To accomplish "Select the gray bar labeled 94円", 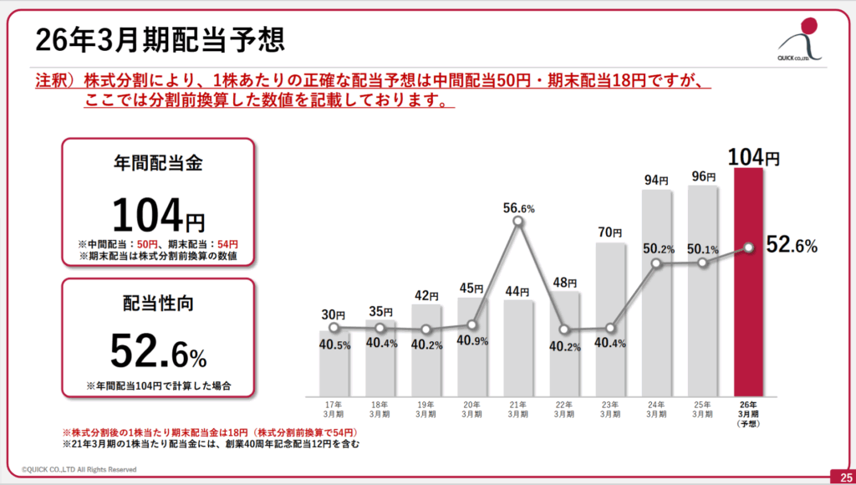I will point(656,293).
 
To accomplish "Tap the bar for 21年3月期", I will point(518,347).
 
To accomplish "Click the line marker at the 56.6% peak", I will point(518,222).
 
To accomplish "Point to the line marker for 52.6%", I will point(749,247).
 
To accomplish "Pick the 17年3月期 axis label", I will point(334,409).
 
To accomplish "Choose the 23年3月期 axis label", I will point(610,409).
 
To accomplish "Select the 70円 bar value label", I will point(610,232).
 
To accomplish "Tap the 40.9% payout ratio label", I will point(472,342).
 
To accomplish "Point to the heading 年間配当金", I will point(158,164).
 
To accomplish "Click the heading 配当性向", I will point(158,304).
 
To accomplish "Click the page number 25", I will point(841,476).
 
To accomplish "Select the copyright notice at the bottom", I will point(79,470).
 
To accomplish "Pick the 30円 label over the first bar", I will point(334,315).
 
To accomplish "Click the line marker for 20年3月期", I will point(472,324).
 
